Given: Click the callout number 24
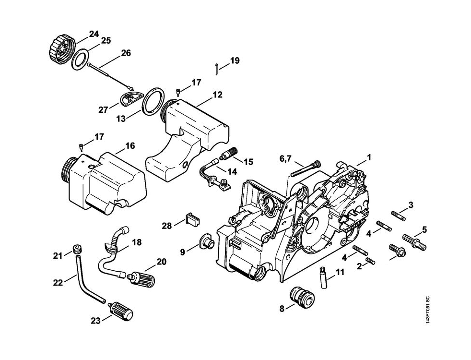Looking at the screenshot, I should point(94,34).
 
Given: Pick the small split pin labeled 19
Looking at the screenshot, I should point(217,69).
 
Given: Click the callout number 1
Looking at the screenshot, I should point(369,157).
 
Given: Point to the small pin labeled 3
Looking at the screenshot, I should point(398,214).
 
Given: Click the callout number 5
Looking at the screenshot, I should point(424,229).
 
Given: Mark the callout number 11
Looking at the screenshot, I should point(340,272).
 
